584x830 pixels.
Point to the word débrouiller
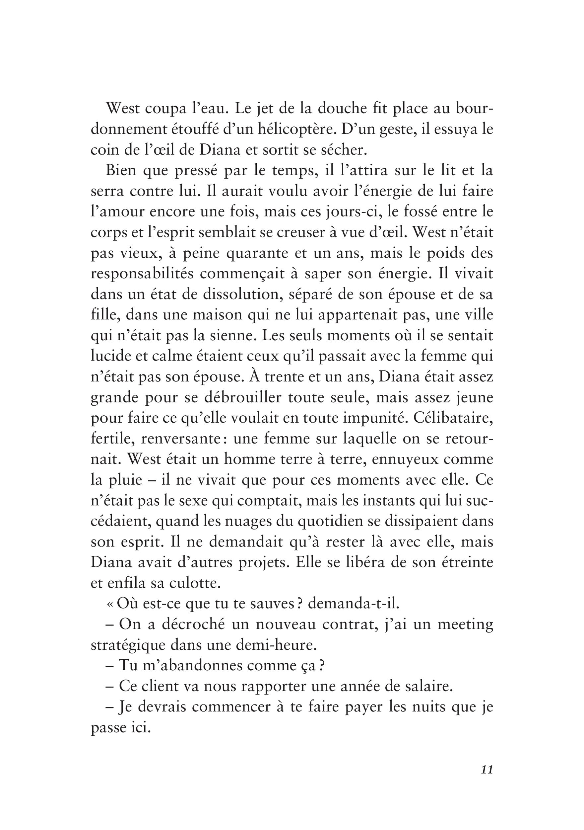click(243, 398)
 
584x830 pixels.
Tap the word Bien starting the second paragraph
click(121, 170)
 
